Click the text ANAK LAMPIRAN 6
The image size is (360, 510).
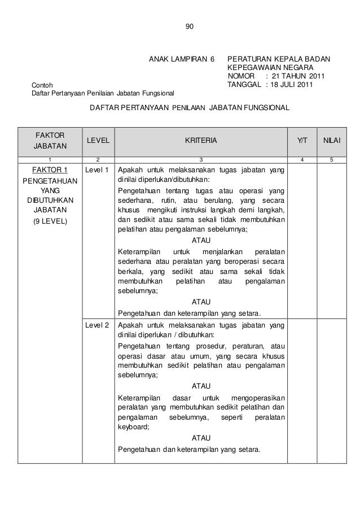[x=182, y=59]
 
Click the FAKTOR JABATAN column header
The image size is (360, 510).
[x=50, y=141]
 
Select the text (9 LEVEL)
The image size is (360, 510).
[x=50, y=220]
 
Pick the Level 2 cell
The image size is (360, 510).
[x=98, y=326]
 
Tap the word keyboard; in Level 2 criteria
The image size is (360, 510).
[x=134, y=428]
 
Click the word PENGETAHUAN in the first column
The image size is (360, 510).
[x=50, y=181]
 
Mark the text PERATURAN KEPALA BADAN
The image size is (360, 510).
[x=278, y=59]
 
